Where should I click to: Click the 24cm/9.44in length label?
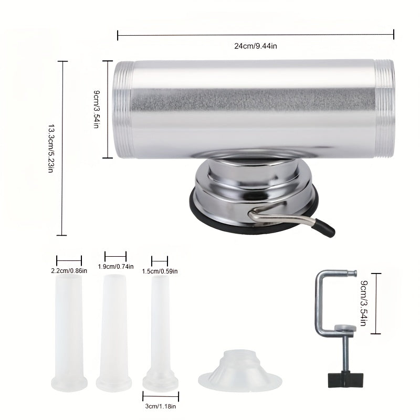pyautogui.click(x=255, y=46)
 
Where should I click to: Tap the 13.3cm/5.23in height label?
pyautogui.click(x=51, y=149)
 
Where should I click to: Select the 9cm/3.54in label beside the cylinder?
pyautogui.click(x=97, y=110)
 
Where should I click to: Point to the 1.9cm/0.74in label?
pyautogui.click(x=115, y=267)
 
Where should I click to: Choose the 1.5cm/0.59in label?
pyautogui.click(x=160, y=271)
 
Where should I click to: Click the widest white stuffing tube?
pyautogui.click(x=69, y=331)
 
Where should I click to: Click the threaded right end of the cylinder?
pyautogui.click(x=384, y=109)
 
